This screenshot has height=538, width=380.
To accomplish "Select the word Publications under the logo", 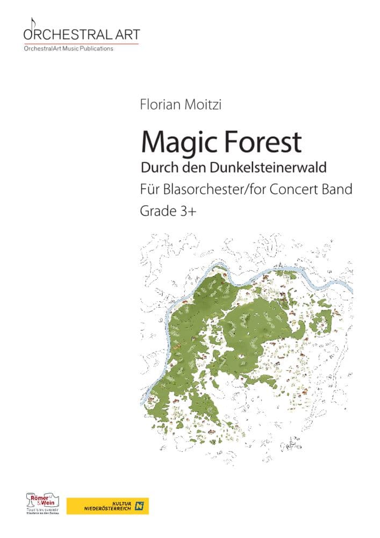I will pos(96,49).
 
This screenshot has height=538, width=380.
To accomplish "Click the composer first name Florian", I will pos(157,103).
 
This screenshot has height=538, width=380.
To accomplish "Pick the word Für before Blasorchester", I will pos(148,190).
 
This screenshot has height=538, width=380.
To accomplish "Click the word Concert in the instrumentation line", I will pos(302,190).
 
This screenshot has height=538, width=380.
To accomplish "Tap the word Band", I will pos(338,190).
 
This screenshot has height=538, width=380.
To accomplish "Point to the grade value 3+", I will pos(188,211).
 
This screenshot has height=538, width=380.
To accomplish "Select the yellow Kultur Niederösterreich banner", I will pos(107,506).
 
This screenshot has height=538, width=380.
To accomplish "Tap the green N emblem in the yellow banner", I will pos(141,506).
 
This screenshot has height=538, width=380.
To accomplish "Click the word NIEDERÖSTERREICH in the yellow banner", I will pos(107,509).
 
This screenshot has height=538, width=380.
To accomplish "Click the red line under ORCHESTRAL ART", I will pos(81,44).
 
